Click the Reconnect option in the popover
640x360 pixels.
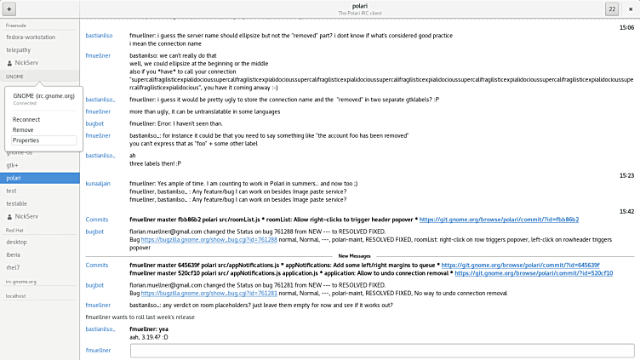tap(27, 120)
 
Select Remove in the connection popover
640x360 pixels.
tap(23, 130)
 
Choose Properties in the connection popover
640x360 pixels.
tap(26, 140)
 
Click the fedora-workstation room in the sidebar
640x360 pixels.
tap(31, 37)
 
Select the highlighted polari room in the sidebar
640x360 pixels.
tap(14, 178)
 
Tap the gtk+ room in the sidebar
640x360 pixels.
tap(12, 165)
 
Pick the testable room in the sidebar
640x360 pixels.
tap(17, 203)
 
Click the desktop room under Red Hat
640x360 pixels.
tap(16, 243)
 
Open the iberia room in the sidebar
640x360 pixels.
tap(14, 255)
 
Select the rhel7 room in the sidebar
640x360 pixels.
tap(13, 268)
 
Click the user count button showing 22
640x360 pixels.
tap(611, 9)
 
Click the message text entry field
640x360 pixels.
tap(382, 351)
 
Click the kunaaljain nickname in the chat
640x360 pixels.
tap(100, 184)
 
